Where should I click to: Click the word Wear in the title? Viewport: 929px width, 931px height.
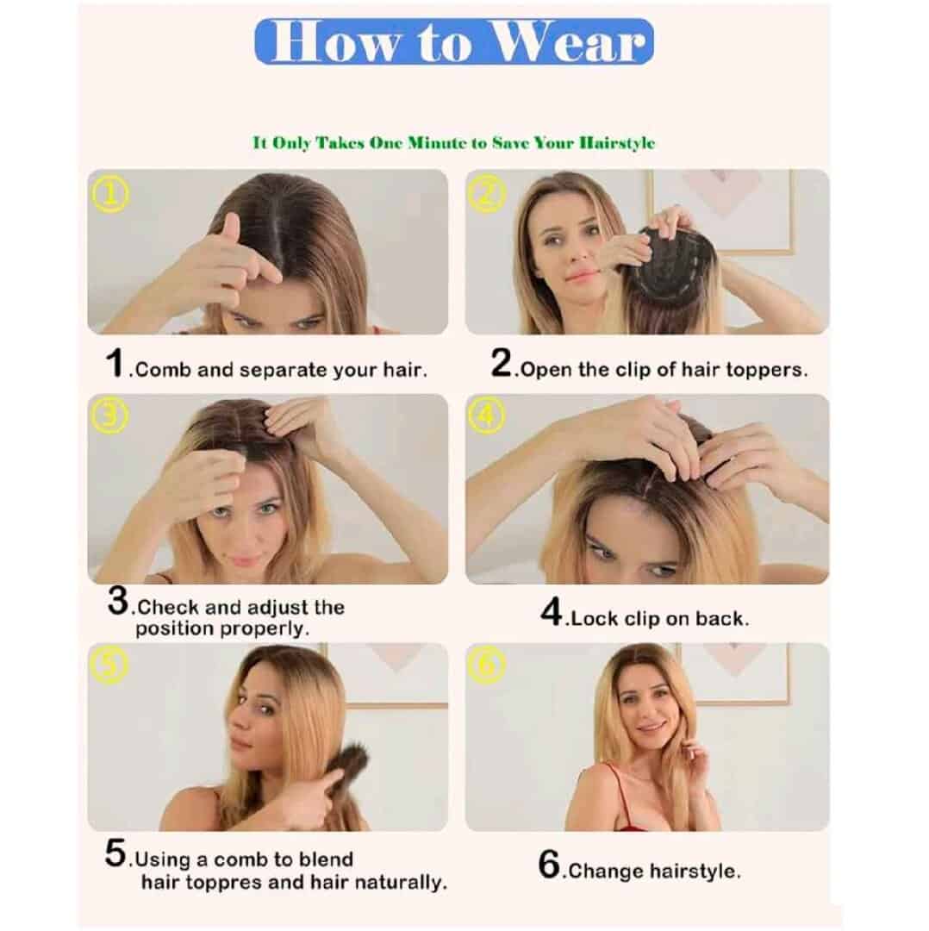click(569, 42)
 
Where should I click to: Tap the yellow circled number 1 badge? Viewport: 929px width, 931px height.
click(109, 196)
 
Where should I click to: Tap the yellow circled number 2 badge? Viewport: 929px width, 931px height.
click(487, 196)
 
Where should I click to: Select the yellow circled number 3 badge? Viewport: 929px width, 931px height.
click(109, 416)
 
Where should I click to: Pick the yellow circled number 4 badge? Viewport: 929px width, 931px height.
click(487, 416)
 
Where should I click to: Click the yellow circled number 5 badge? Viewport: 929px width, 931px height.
click(109, 665)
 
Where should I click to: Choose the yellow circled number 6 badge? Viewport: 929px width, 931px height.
click(487, 665)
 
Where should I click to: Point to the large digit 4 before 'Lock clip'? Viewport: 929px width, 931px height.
click(552, 611)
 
